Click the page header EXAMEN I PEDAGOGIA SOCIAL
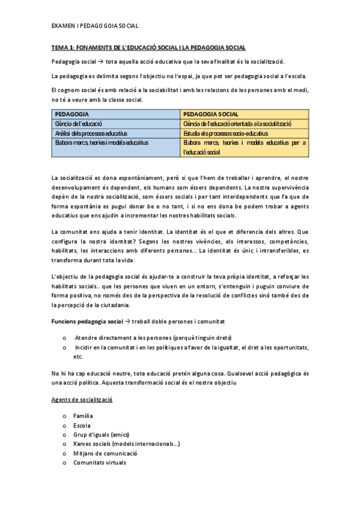[x=95, y=26]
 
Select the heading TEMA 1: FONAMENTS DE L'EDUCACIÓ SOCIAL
[x=148, y=48]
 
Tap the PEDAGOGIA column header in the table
[x=73, y=114]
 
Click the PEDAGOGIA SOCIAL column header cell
[x=211, y=114]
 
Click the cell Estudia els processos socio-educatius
[x=226, y=133]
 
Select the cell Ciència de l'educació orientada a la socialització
[x=238, y=123]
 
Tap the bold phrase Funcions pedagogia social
[x=86, y=322]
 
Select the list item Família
[x=83, y=416]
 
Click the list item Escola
[x=82, y=425]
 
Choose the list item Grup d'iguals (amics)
[x=101, y=434]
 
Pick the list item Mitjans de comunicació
[x=105, y=453]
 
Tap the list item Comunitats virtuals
[x=99, y=462]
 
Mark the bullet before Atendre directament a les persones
[x=64, y=337]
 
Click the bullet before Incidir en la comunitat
[x=64, y=347]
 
